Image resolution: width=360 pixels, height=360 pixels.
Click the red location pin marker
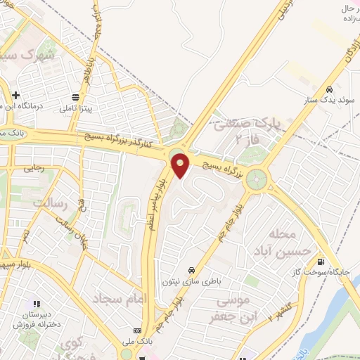[181, 166]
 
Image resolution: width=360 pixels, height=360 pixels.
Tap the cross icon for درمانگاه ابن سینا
[15, 95]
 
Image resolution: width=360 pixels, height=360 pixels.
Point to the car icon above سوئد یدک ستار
[328, 91]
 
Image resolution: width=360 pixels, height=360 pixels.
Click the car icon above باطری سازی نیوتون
[191, 269]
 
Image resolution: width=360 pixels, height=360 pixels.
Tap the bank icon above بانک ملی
[137, 330]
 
